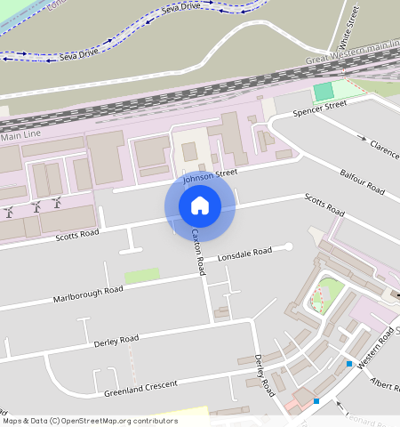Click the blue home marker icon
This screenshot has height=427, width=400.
(x=200, y=205)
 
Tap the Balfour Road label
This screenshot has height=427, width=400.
(x=362, y=181)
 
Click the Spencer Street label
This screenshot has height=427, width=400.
(x=321, y=108)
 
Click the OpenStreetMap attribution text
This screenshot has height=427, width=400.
(x=90, y=421)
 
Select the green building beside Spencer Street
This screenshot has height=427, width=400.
(x=324, y=91)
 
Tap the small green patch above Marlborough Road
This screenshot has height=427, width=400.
(x=141, y=276)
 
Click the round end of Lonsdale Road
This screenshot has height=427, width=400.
(x=288, y=247)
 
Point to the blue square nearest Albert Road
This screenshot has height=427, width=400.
(x=348, y=363)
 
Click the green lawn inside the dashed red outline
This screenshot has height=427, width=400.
(x=329, y=292)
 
